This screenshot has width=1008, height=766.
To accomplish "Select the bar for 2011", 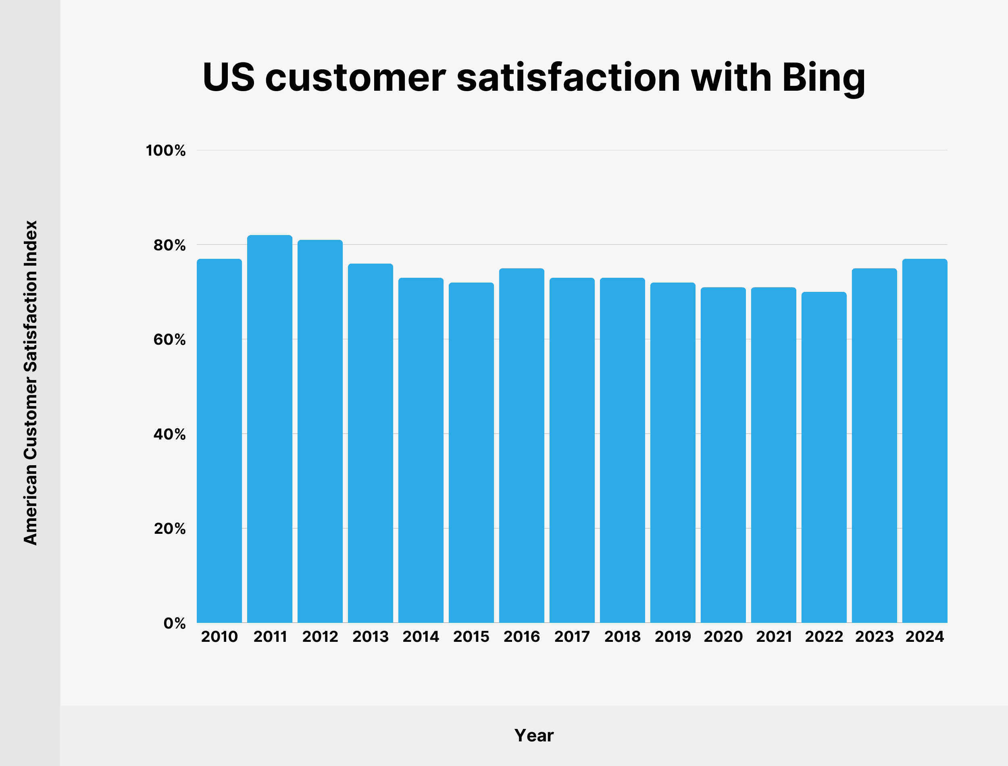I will [x=269, y=429].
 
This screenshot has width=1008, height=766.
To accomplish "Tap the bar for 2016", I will [x=522, y=445].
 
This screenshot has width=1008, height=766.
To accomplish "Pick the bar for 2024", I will [x=925, y=440].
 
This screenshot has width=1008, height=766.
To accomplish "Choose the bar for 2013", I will [x=370, y=443].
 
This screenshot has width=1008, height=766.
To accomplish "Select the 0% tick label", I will [x=174, y=623].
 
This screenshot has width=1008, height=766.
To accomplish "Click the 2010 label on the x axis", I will [x=219, y=637].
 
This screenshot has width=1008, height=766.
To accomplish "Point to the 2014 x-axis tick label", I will [x=421, y=637].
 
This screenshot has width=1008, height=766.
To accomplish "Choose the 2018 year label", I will [x=622, y=637].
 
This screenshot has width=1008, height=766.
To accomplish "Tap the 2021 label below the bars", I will [x=774, y=637].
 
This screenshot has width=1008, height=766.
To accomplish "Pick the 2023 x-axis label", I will [x=875, y=637].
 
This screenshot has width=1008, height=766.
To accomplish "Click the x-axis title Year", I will [x=534, y=735].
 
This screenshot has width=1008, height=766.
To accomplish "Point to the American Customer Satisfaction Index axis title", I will [x=30, y=383].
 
